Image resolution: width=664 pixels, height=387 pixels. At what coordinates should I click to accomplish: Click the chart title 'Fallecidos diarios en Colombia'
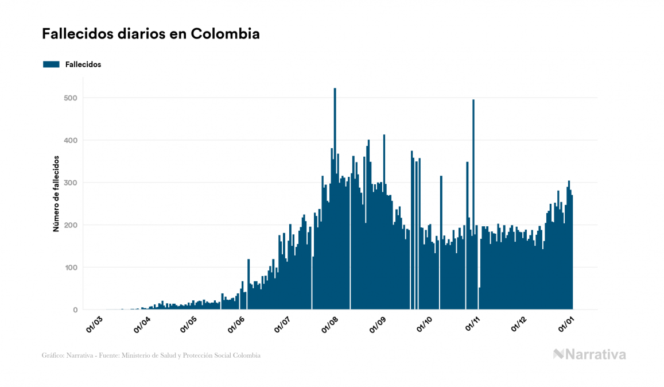point(150,34)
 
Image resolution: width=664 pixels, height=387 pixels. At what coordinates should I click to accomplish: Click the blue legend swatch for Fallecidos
point(51,64)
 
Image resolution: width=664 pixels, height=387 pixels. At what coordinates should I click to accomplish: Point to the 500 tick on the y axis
point(71,98)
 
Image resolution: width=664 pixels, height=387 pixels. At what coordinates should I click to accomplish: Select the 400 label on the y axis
point(71,140)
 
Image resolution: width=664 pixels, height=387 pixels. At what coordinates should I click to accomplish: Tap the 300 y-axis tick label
point(71,183)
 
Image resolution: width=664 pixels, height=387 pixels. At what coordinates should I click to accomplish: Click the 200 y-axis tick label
point(71,225)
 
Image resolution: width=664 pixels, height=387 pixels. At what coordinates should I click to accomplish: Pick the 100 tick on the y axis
point(71,268)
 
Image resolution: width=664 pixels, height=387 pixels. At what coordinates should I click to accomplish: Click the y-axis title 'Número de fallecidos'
point(56,193)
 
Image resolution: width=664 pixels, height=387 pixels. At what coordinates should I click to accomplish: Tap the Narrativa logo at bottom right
point(589,354)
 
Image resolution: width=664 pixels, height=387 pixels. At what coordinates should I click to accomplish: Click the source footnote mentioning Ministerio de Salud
point(151,355)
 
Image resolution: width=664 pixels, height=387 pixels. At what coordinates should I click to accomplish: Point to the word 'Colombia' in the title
point(225,34)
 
